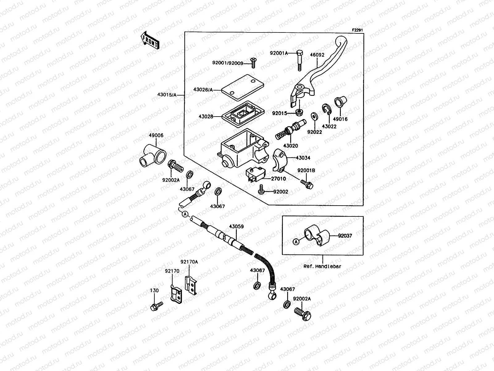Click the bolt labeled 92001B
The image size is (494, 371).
point(307,183)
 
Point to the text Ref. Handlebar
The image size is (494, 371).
point(323,267)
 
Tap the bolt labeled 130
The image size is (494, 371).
point(156,306)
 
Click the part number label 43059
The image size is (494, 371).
point(236,227)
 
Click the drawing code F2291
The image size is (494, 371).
point(358,30)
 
